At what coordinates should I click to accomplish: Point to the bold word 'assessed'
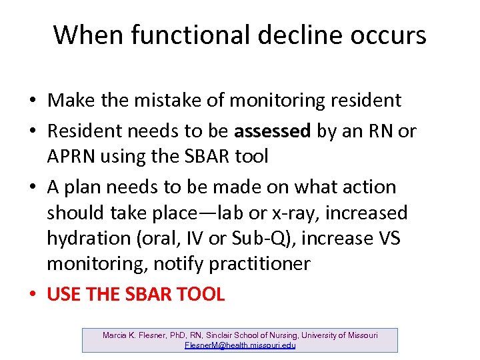274,131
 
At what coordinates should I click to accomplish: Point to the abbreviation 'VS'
387,239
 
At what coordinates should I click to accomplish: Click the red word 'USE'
64,294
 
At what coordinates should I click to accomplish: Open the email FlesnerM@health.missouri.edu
239,345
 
